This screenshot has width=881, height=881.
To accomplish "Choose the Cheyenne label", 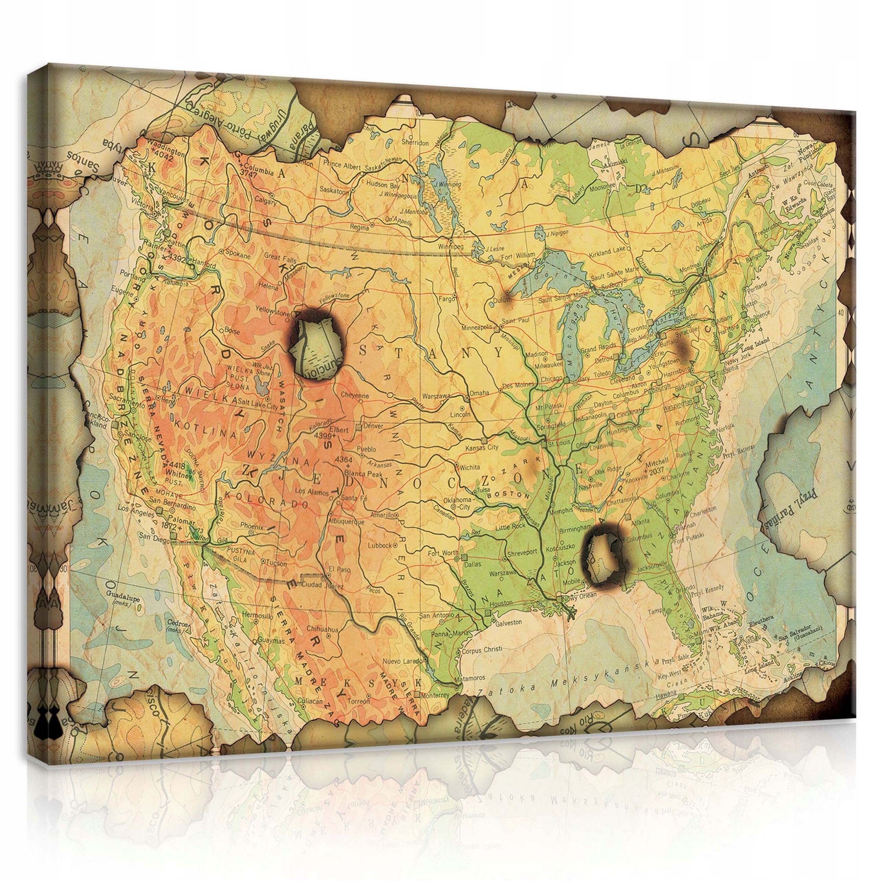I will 355,396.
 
